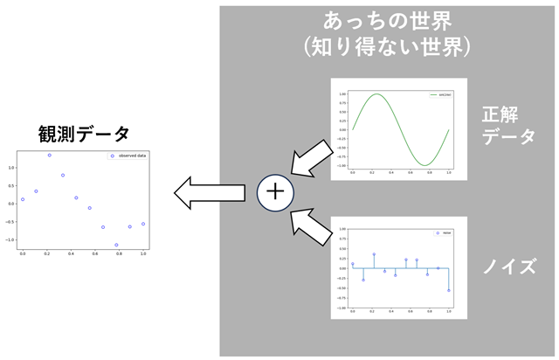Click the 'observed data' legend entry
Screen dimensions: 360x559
click(x=128, y=156)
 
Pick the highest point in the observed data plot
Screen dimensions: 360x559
click(x=49, y=156)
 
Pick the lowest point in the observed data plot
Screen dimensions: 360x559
click(x=116, y=246)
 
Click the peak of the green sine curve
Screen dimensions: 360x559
click(x=376, y=94)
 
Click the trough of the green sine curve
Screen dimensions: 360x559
click(x=424, y=164)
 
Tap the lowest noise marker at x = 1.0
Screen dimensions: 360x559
click(x=449, y=290)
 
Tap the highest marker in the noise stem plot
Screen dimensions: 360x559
click(x=374, y=254)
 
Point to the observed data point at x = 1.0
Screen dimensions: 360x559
click(x=143, y=224)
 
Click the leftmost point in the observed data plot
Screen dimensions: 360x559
click(x=23, y=199)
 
